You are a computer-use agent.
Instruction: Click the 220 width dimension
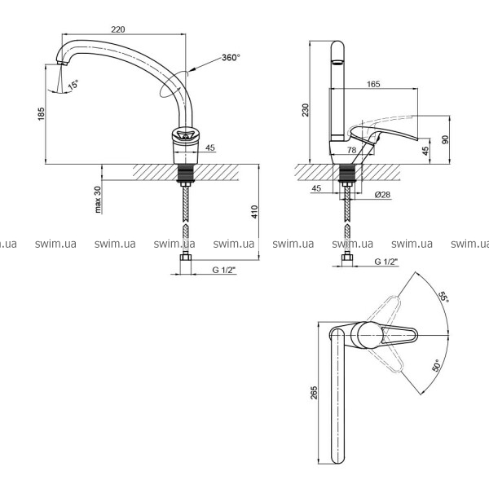click(x=118, y=29)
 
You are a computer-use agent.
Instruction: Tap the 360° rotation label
click(x=231, y=58)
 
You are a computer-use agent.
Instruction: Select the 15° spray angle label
click(x=73, y=85)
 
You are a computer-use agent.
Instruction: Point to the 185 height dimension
click(x=42, y=114)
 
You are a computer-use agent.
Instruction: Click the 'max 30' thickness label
click(x=98, y=200)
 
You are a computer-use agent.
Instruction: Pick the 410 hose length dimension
click(x=255, y=212)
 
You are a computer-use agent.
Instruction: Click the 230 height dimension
click(x=306, y=110)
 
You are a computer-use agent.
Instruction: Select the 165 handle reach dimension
click(x=373, y=84)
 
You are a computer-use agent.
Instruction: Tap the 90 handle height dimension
click(x=446, y=139)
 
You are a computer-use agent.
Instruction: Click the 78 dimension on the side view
click(x=352, y=150)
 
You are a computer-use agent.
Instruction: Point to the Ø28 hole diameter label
click(x=382, y=195)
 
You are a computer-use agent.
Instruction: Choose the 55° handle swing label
click(x=443, y=297)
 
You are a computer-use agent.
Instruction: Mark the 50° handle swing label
click(x=436, y=365)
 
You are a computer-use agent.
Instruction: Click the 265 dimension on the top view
click(x=314, y=392)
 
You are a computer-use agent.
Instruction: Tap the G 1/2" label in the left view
click(x=224, y=270)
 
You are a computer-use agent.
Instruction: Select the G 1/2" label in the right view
click(x=386, y=262)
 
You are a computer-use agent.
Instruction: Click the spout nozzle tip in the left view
click(x=63, y=63)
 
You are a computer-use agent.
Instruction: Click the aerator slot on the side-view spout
click(x=337, y=63)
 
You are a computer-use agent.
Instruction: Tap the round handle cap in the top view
click(x=368, y=335)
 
